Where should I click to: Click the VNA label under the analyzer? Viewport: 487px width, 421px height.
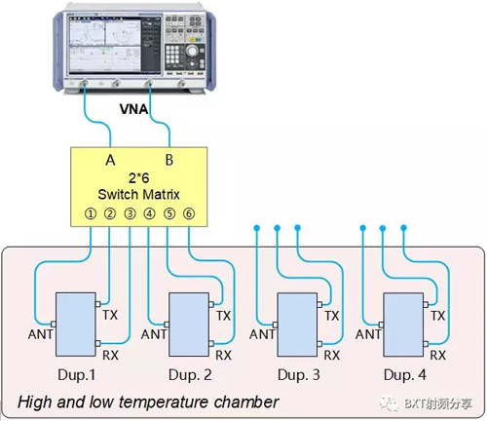click(133, 109)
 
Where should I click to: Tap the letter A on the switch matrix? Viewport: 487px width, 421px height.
click(110, 160)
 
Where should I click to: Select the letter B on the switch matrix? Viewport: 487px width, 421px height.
click(169, 160)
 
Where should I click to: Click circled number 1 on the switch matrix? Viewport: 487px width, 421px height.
click(91, 213)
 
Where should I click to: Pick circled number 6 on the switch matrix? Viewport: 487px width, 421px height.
click(189, 213)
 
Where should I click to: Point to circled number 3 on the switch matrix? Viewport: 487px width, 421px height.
click(131, 213)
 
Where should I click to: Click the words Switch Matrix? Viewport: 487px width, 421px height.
click(138, 194)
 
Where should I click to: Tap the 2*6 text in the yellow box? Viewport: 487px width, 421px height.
click(138, 177)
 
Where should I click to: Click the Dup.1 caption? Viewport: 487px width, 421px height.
click(77, 375)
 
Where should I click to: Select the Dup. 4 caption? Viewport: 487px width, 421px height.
click(405, 375)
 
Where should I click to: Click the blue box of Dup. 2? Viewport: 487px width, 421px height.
click(189, 325)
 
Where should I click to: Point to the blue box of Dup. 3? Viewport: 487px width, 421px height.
click(297, 325)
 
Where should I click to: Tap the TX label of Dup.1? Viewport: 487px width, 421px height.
click(110, 315)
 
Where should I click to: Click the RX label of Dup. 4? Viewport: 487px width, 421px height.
click(438, 355)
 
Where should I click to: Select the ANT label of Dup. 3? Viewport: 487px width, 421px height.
click(262, 334)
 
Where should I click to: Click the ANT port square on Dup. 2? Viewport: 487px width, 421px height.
click(167, 325)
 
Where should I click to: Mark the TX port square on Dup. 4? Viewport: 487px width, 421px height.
click(427, 304)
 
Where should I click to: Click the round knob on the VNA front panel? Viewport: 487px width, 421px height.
click(192, 51)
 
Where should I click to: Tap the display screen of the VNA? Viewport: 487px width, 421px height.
click(105, 44)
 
